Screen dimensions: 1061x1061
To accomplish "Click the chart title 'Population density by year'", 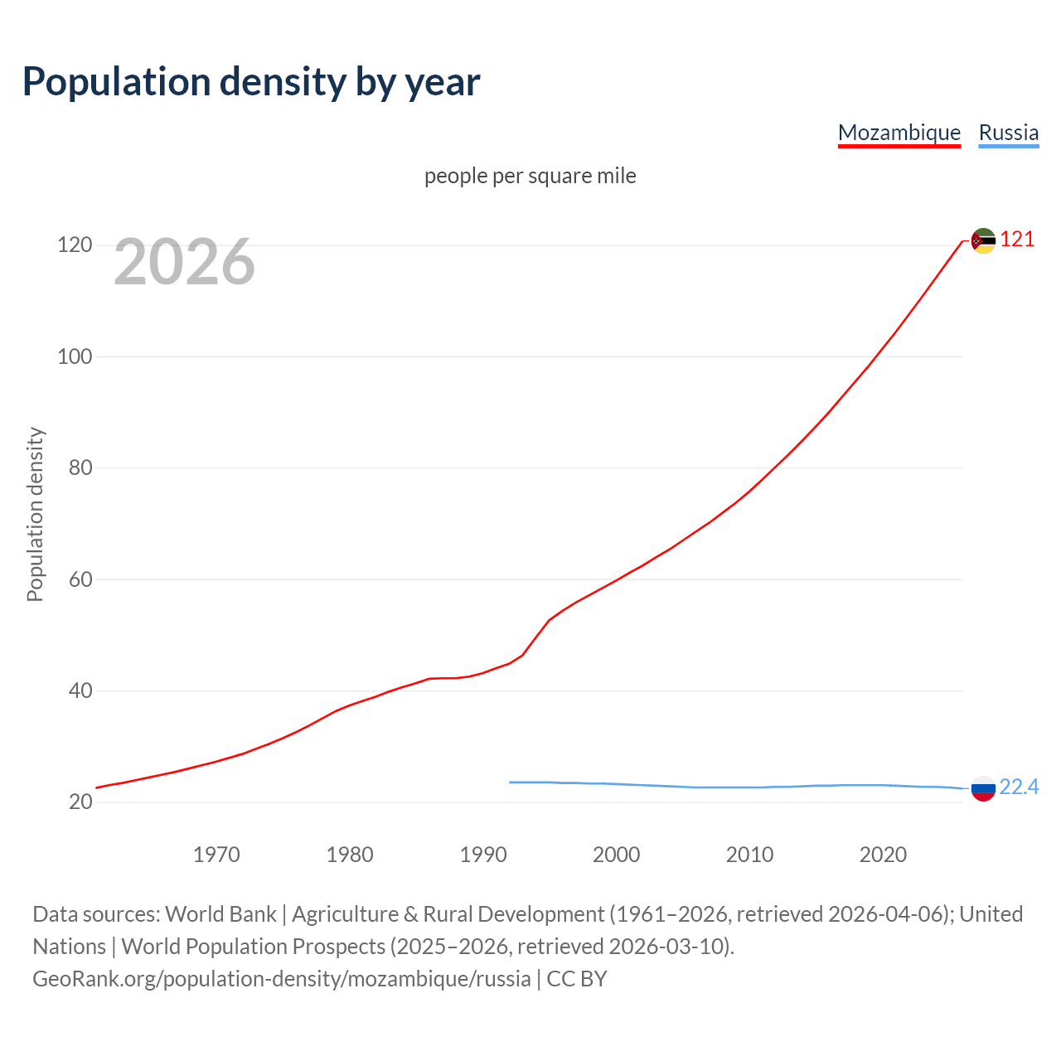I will coord(251,82).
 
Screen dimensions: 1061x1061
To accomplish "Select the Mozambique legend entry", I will coord(899,133).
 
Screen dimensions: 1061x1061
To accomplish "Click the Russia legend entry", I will coord(1008,133).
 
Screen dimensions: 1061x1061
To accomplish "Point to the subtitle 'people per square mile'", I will coord(530,176).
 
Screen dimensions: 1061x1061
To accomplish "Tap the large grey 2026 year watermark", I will coord(184,262).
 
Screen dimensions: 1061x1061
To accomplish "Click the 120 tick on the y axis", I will coord(74,245).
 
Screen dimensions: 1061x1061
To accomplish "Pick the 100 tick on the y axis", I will coord(74,356).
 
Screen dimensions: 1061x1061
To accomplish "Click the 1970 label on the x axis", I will coord(216,855).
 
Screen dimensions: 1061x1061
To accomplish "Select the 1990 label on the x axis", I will coord(483,855).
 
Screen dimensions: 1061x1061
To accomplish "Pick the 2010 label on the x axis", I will coord(749,855).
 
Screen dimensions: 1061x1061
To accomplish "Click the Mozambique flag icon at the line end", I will coord(983,240).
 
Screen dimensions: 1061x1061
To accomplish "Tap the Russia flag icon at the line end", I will coord(983,788).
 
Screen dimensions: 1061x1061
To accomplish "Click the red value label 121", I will coord(1017,240).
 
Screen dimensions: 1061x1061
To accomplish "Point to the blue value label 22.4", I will coord(1019,787).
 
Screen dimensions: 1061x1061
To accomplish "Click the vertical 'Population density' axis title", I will coord(35,514).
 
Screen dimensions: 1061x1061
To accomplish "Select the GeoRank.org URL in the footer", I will coord(282,979).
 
